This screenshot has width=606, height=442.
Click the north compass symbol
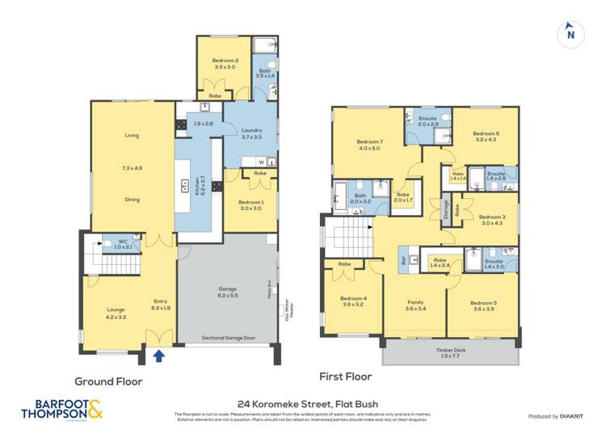point(570,33)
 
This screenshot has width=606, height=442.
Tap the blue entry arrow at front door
point(158,354)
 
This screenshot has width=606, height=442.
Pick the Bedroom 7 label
point(368,144)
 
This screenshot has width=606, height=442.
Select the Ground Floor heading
point(108,381)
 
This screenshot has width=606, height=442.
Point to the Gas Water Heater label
point(285,308)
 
